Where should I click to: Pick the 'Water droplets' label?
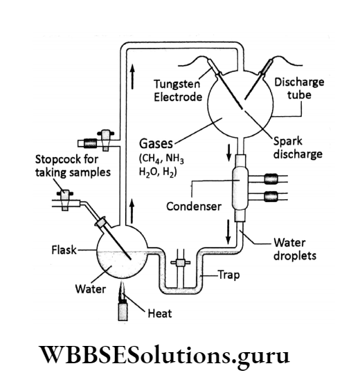point(295,250)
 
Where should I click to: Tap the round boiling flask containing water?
point(122,253)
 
